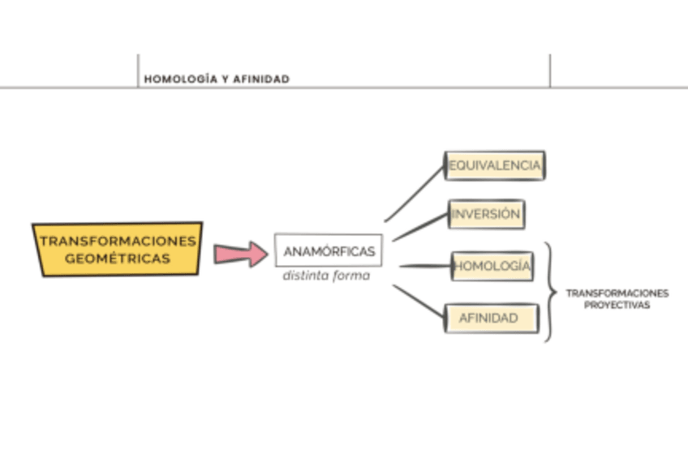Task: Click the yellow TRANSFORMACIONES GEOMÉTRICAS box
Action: (x=118, y=250)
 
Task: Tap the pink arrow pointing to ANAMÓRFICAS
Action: (x=240, y=254)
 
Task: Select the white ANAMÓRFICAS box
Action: (x=329, y=250)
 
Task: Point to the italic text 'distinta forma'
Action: (x=326, y=276)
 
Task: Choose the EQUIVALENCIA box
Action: (x=494, y=165)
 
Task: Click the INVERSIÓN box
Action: (x=486, y=215)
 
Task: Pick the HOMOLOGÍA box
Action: (x=492, y=266)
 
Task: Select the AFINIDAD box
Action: (x=490, y=318)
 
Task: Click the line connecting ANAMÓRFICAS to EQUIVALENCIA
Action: (x=415, y=194)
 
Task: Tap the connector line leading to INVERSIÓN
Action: (x=420, y=227)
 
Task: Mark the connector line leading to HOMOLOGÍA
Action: (x=424, y=266)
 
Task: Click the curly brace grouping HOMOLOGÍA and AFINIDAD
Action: (x=552, y=292)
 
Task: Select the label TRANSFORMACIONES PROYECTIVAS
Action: (x=617, y=299)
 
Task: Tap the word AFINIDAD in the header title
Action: (x=261, y=79)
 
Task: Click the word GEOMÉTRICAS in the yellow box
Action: (x=118, y=259)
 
